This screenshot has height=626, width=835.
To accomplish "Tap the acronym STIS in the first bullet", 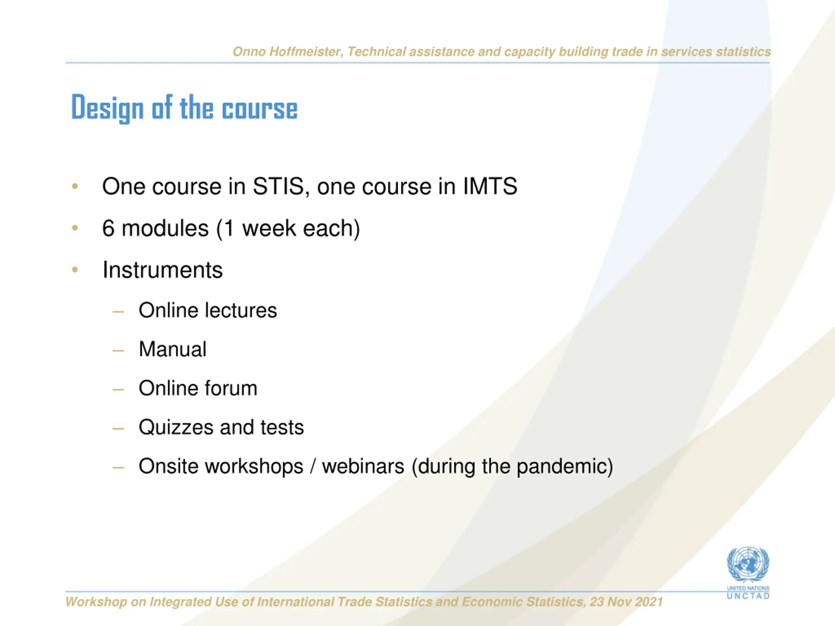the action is click(x=279, y=186).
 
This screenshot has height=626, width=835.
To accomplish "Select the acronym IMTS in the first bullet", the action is click(x=490, y=186).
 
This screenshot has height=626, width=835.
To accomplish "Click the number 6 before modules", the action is click(x=108, y=228).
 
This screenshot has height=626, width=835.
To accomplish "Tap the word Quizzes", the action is click(x=175, y=427).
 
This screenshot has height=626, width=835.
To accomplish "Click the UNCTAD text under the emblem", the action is click(x=748, y=596).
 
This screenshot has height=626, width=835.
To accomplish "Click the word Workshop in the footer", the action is click(x=96, y=602).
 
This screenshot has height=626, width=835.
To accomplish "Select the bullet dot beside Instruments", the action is click(x=75, y=269).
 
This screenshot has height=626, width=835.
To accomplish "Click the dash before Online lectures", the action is click(x=118, y=312).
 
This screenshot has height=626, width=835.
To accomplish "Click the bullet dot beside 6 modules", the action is click(x=75, y=228).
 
